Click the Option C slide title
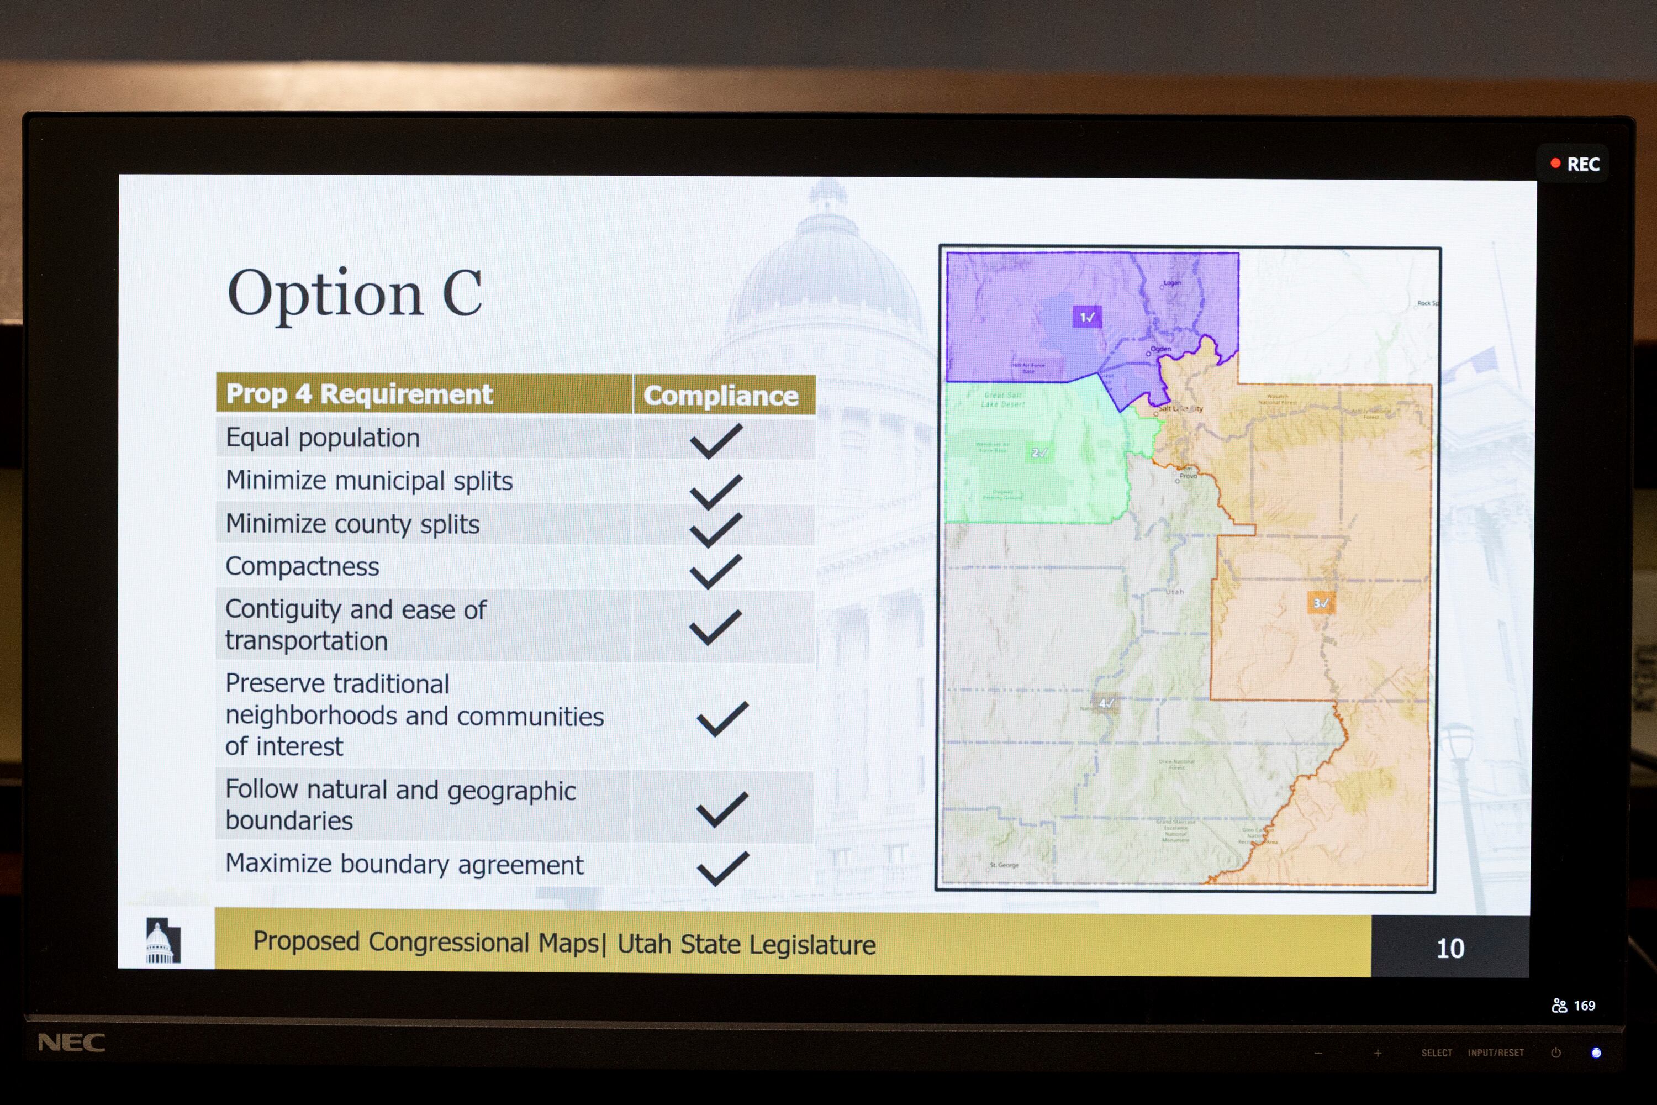[355, 294]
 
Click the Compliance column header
[721, 396]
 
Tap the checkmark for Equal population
[716, 441]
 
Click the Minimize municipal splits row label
[368, 481]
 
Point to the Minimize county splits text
[352, 524]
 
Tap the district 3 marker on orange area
[1320, 603]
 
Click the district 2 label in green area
[1039, 452]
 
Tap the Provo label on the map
[1188, 476]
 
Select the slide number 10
[1450, 949]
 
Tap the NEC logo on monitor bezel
[71, 1042]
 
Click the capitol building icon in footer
[163, 941]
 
